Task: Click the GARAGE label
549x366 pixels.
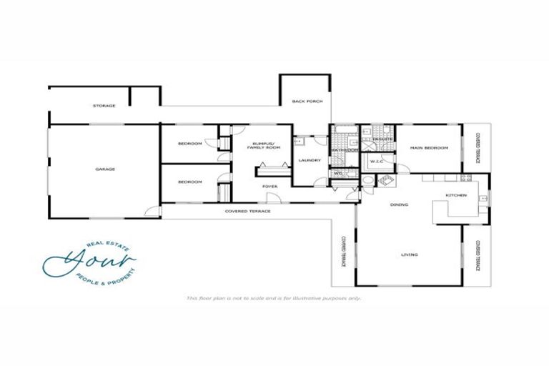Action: point(105,169)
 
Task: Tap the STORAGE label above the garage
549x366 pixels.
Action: point(104,106)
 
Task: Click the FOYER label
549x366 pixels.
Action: point(269,187)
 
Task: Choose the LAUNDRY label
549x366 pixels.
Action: point(308,160)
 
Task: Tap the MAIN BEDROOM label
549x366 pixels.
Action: point(428,148)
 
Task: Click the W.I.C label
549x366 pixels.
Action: point(377,162)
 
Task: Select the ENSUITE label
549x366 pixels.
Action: point(379,129)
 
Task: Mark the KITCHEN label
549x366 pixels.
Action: point(456,195)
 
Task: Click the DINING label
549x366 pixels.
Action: point(398,206)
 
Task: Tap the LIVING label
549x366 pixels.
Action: point(409,255)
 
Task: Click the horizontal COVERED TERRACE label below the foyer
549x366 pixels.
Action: point(247,212)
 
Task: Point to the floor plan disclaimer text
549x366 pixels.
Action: point(274,298)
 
